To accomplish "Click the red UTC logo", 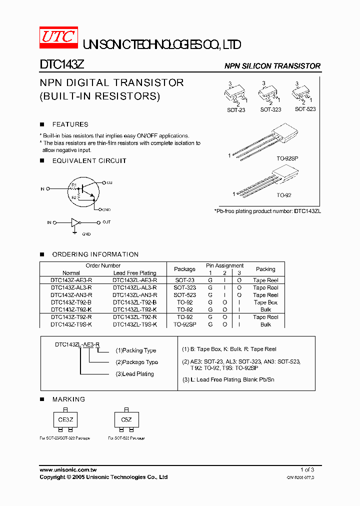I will pos(58,38).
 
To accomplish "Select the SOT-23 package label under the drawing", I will pos(236,110).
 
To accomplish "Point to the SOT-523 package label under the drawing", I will pos(305,109).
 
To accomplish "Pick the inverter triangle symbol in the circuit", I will pos(75,222).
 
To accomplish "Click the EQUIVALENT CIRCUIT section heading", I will pos(89,160).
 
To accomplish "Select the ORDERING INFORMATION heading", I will pos(95,254).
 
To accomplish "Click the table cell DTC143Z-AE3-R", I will pos(71,280).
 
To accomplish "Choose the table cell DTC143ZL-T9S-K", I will pos(134,324).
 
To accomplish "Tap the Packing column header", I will pos(265,269).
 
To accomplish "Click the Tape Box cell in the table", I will pos(265,302).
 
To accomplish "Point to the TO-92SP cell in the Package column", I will pos(184,324).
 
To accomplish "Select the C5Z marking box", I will pos(126,420).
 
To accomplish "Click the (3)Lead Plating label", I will pos(135,374).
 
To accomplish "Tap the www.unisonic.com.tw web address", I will pos(68,470).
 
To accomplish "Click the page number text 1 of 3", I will pos(307,470).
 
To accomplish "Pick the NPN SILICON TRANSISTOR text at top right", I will pos(272,66).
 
